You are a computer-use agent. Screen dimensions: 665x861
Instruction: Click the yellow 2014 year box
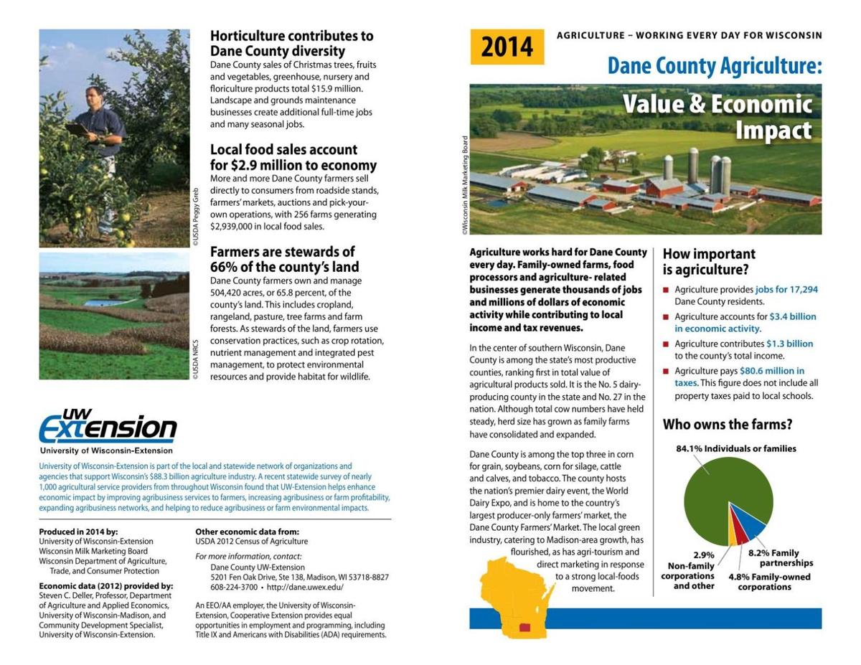click(x=507, y=47)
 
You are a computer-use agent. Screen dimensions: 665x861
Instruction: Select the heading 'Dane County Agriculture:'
click(x=714, y=66)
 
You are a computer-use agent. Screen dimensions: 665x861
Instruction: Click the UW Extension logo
click(x=108, y=430)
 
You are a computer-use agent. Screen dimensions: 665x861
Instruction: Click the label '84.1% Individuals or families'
click(x=735, y=448)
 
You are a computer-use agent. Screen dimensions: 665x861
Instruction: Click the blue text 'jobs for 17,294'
click(x=786, y=290)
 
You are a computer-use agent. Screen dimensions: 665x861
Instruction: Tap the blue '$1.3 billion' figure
click(x=789, y=344)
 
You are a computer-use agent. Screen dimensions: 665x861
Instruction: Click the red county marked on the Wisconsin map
click(x=525, y=627)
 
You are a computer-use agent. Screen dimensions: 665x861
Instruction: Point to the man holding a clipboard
click(x=100, y=143)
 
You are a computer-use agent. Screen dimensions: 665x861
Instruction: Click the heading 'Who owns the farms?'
click(x=727, y=424)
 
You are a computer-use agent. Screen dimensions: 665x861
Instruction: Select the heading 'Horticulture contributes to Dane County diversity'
click(x=291, y=43)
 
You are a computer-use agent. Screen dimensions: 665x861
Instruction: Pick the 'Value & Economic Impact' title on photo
click(x=717, y=117)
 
